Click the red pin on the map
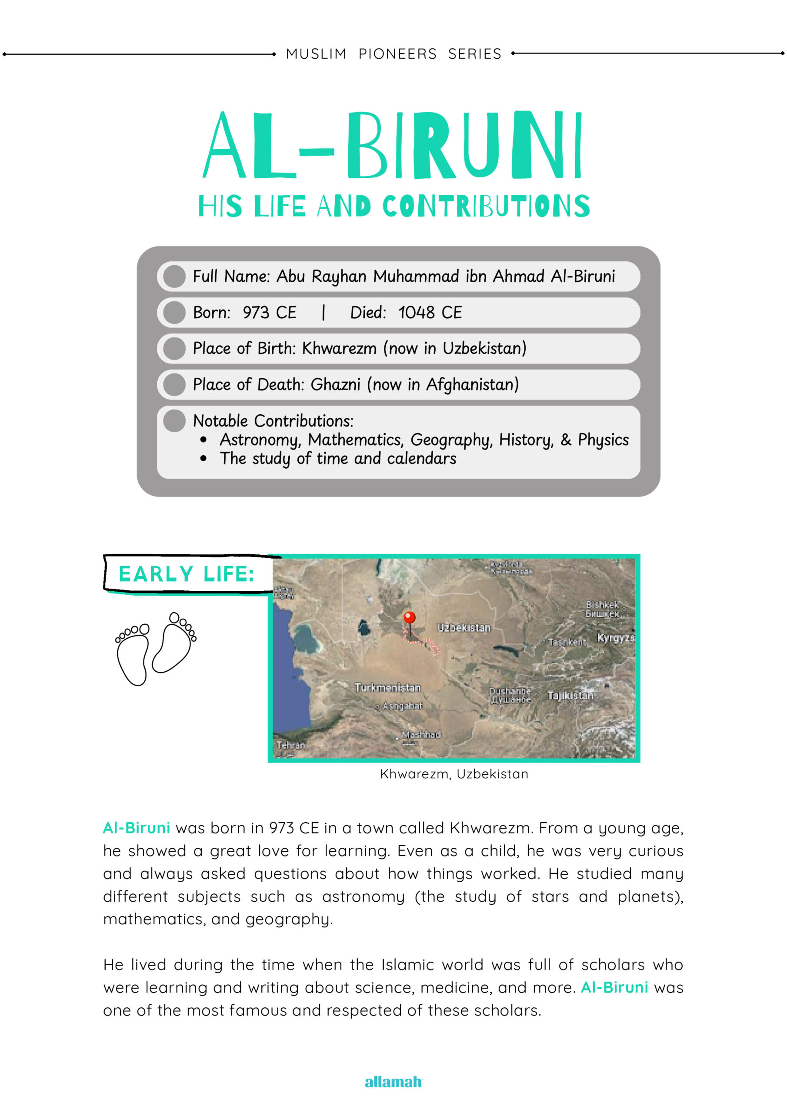(x=409, y=617)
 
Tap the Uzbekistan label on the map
(x=464, y=628)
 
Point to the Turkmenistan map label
(x=387, y=687)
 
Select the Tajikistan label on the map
(x=570, y=696)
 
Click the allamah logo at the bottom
(x=393, y=1082)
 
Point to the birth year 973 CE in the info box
(x=269, y=313)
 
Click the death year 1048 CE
(x=430, y=313)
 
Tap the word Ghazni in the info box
(x=335, y=384)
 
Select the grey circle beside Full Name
(x=174, y=277)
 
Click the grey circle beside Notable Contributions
(x=174, y=420)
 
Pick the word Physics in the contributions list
(x=603, y=440)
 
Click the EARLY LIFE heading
(x=186, y=574)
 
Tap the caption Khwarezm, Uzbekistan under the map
(x=454, y=774)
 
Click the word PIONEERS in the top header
(x=397, y=54)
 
